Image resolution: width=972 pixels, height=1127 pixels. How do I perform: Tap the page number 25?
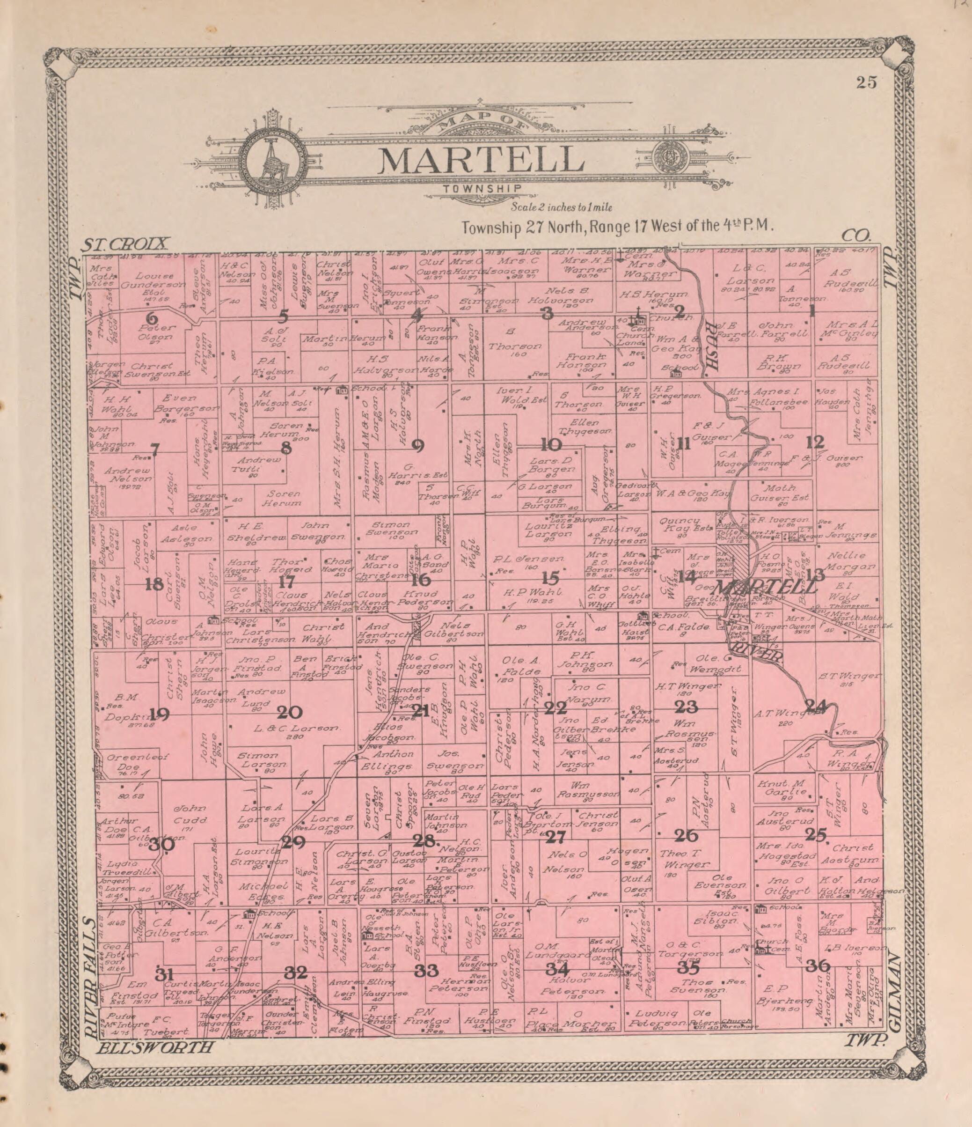point(867,83)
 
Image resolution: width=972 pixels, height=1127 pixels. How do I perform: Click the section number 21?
point(421,710)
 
